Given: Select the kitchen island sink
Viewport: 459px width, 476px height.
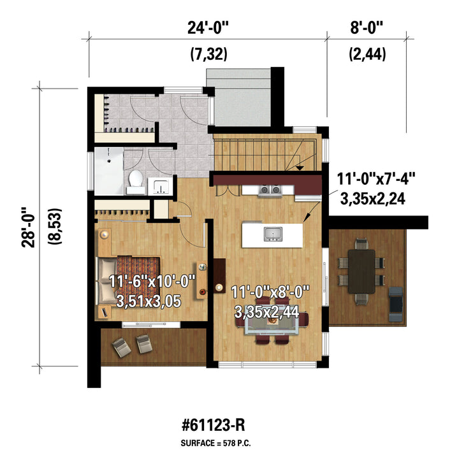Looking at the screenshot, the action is click(x=273, y=234).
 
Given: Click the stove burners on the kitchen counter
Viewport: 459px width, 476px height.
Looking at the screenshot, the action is click(x=270, y=190).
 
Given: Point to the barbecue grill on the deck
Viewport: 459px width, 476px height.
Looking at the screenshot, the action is click(x=396, y=304).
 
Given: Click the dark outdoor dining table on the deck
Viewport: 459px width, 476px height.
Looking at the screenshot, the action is click(x=361, y=271).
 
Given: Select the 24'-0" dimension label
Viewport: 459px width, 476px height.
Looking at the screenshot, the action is click(x=208, y=27).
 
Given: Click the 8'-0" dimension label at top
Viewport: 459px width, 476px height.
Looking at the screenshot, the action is click(x=367, y=27).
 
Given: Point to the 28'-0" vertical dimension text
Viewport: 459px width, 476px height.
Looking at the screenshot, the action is click(x=29, y=227).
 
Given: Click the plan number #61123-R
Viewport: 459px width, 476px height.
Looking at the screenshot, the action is click(x=214, y=425).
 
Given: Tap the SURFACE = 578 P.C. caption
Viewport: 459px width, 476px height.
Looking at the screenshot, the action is click(x=215, y=444).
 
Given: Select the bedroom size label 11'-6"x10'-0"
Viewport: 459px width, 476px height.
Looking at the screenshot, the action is click(x=152, y=282).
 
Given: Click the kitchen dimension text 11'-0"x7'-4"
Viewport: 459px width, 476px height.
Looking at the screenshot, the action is click(x=375, y=179).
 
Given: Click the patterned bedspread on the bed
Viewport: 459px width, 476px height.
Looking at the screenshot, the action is click(x=138, y=279).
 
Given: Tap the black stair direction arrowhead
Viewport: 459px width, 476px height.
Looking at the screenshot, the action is click(x=300, y=167).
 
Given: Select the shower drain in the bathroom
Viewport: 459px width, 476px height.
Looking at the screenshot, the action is click(x=108, y=161).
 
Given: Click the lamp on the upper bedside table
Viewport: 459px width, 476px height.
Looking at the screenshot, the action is click(x=104, y=235).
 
